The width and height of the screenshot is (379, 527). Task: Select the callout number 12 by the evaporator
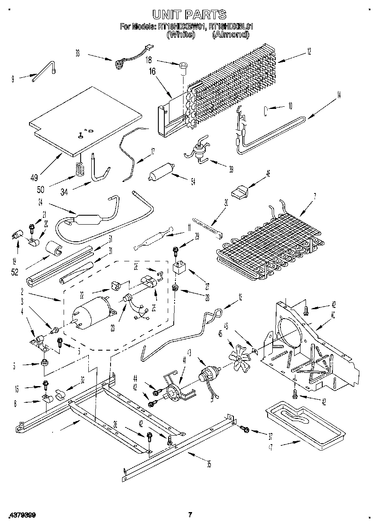pos(308,52)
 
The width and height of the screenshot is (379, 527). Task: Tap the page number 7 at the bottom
pos(190,515)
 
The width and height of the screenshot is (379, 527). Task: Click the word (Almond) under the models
pos(230,35)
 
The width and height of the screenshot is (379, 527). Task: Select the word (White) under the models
pos(181,35)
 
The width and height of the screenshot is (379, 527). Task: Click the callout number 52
pos(15,272)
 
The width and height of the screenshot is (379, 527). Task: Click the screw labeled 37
pos(245,428)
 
